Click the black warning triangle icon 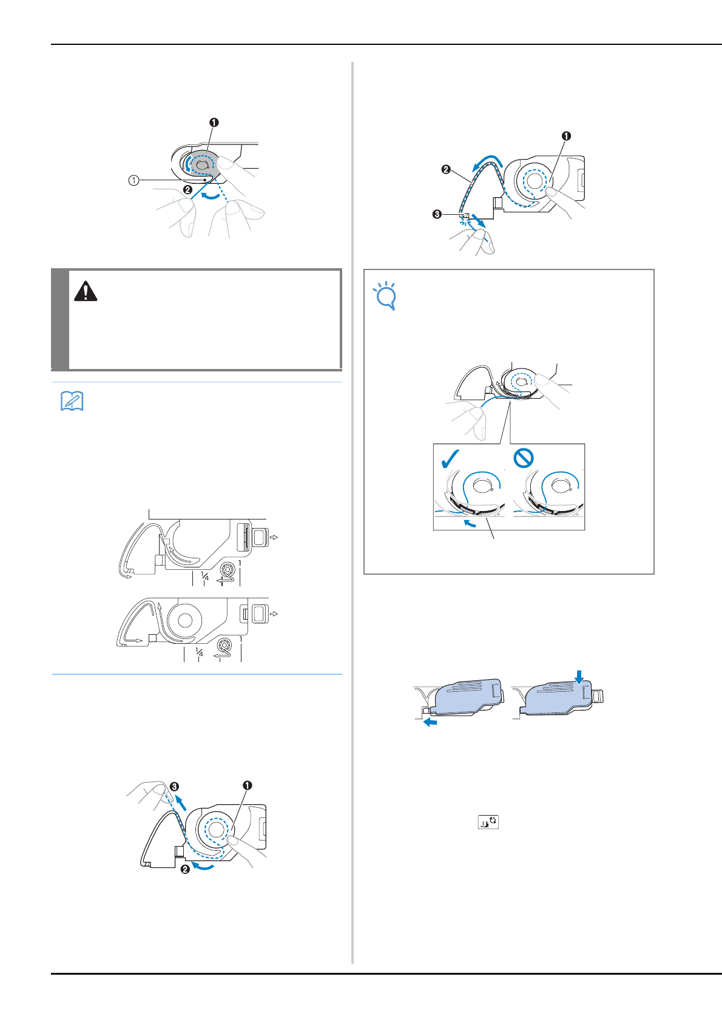tap(86, 291)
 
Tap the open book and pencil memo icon tap(72, 401)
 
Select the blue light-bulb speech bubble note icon tap(385, 295)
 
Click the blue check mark tap(450, 459)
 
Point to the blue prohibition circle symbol tap(523, 458)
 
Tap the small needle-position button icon tap(488, 822)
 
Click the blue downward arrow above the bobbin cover tap(579, 677)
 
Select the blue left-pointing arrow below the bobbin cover tap(430, 722)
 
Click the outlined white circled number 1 tap(133, 181)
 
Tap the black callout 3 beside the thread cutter tap(437, 214)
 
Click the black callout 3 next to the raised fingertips tap(174, 786)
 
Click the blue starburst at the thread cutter tap(464, 221)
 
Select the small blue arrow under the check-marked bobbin tap(470, 523)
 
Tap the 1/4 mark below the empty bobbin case tap(205, 577)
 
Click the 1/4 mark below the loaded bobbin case tap(199, 652)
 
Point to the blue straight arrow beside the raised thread tap(181, 802)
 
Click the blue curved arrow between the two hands tap(214, 196)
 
